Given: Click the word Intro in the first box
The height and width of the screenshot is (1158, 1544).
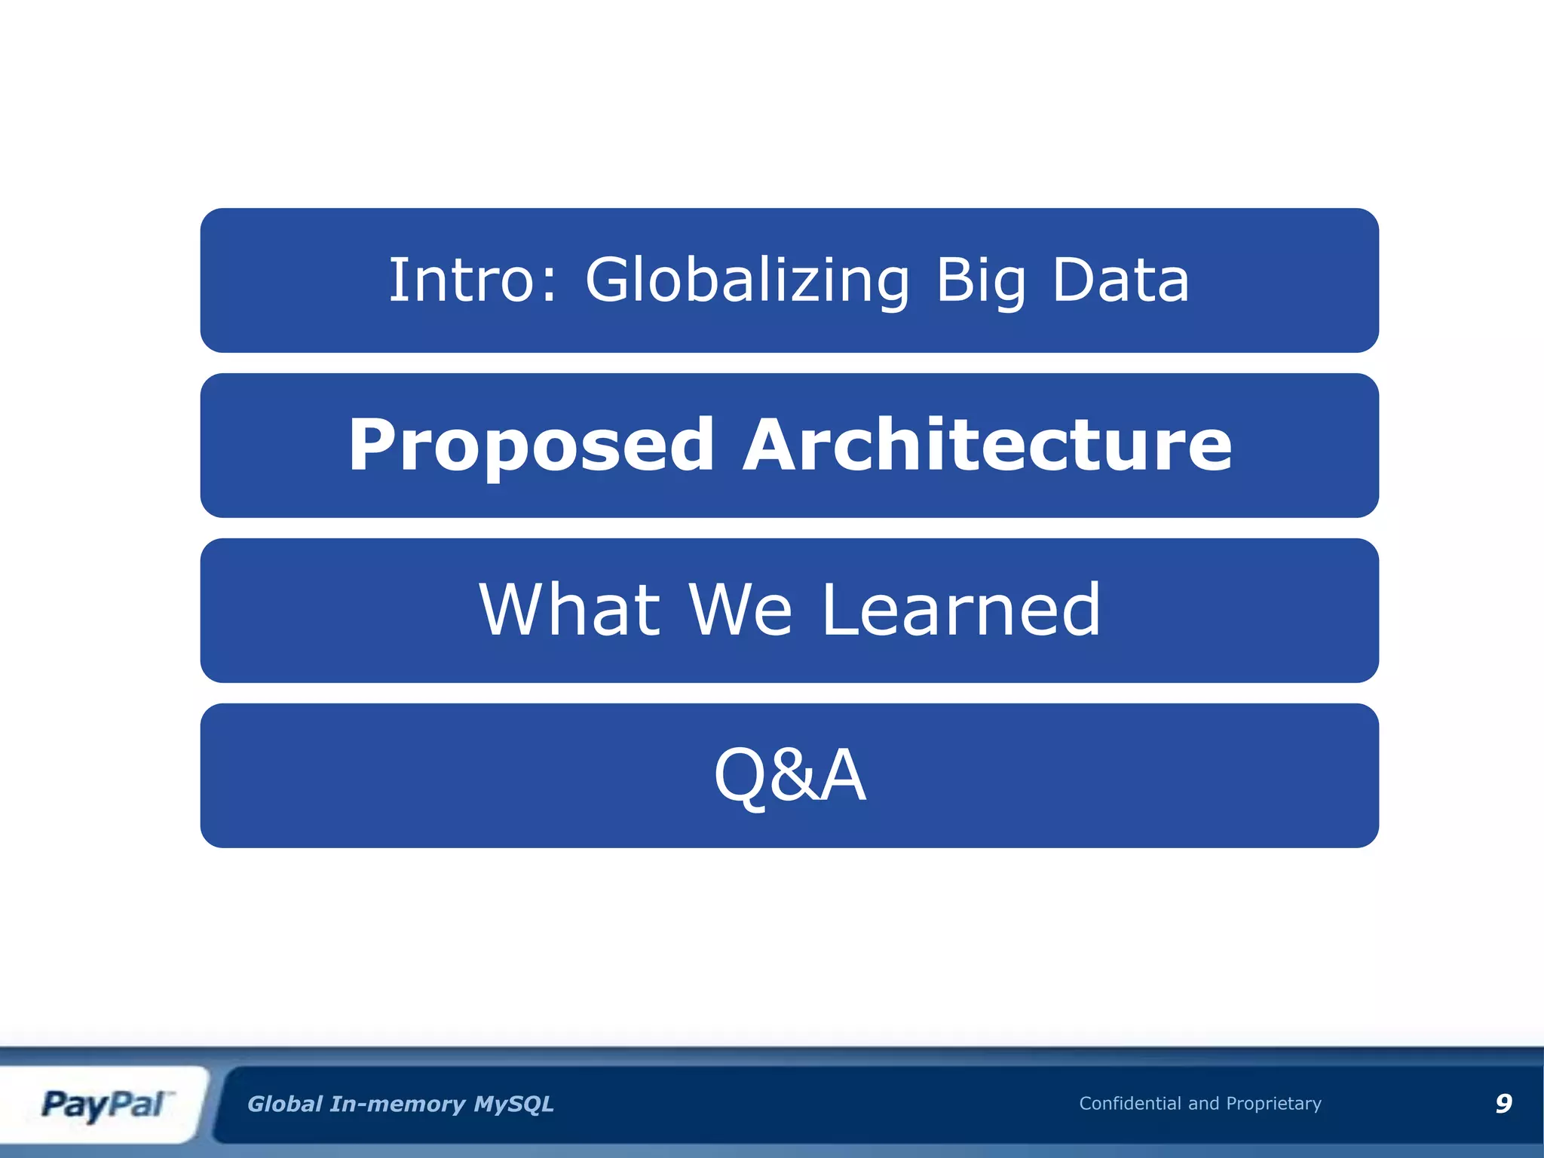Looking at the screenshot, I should [461, 280].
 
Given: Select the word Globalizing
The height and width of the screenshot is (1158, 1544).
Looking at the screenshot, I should [747, 280].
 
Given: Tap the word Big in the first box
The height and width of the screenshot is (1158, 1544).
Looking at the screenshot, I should [981, 280].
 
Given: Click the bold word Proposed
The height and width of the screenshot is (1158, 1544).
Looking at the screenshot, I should [531, 446].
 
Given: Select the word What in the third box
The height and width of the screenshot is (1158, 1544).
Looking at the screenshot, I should [570, 610].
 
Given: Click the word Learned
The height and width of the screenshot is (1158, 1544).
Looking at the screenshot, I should [960, 610].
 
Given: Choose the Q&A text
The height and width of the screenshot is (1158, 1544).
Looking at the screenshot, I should [789, 776].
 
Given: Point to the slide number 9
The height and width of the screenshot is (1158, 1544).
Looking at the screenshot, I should [1503, 1104].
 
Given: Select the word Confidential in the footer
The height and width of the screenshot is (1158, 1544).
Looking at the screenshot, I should [1129, 1104].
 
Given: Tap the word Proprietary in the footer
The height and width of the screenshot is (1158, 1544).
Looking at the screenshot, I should [1273, 1104].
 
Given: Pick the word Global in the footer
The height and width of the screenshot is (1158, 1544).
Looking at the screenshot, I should [285, 1104].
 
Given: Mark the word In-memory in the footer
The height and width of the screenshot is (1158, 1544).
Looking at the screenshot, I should [398, 1104].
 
